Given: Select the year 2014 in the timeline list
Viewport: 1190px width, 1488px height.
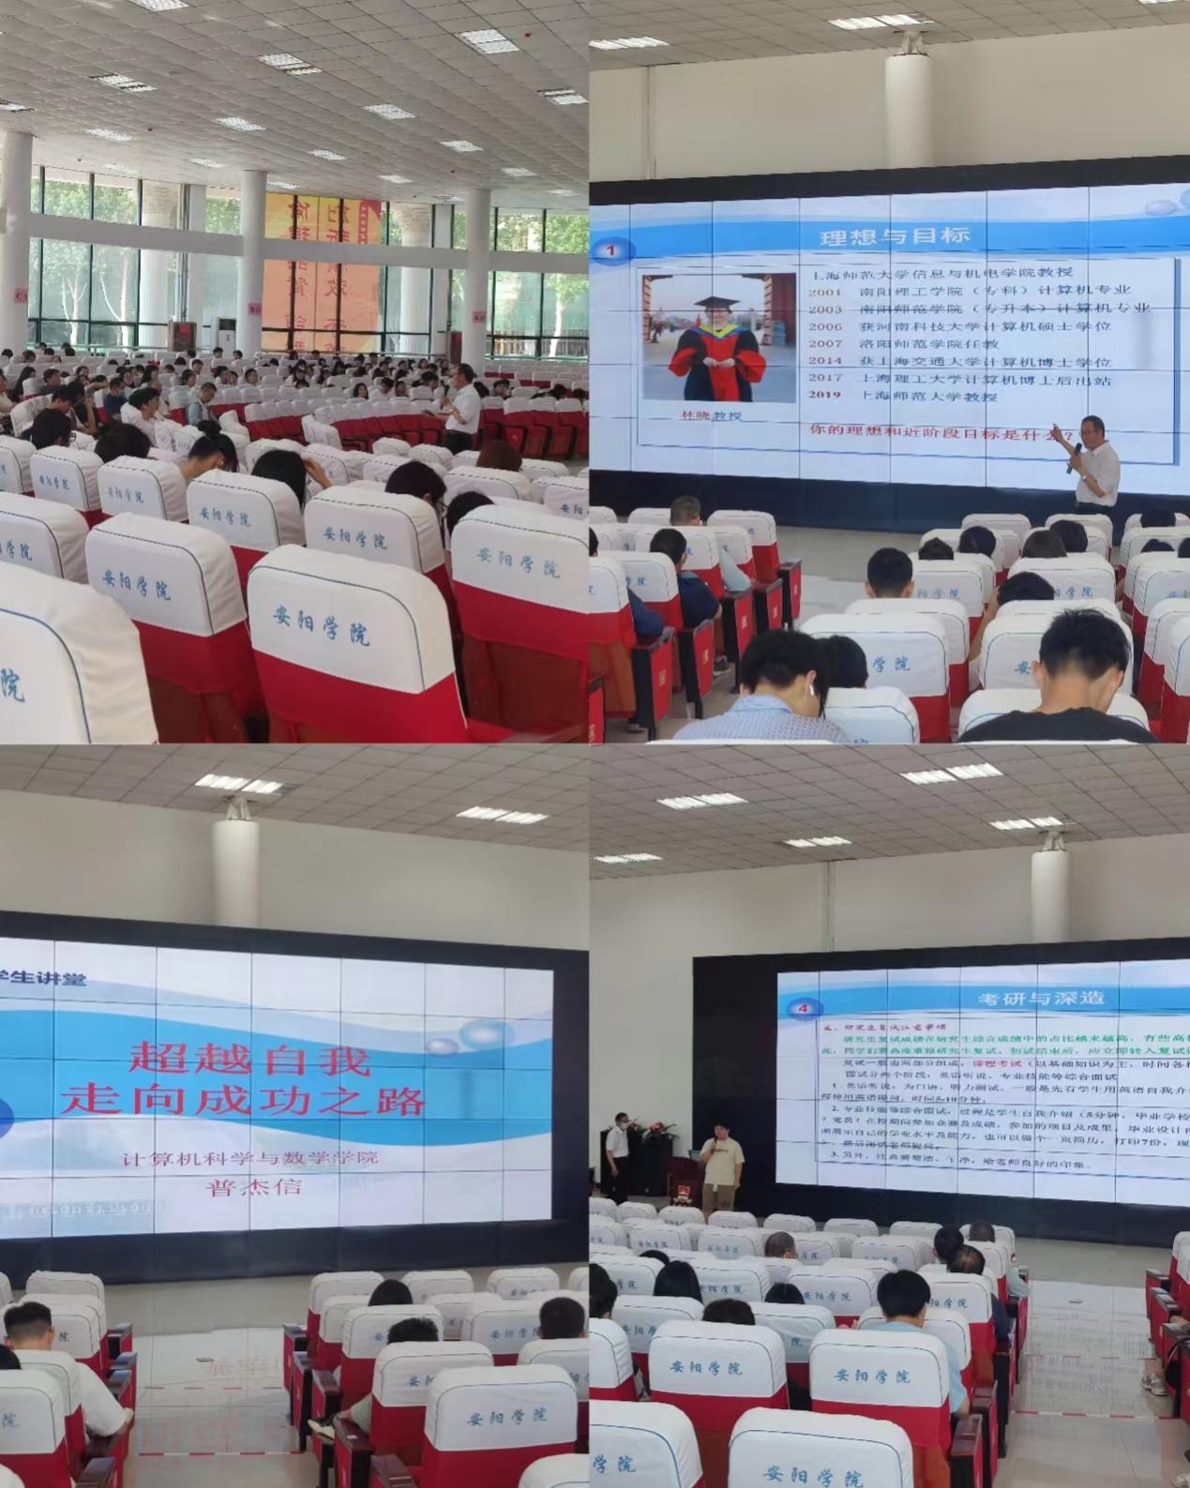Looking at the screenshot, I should [x=825, y=362].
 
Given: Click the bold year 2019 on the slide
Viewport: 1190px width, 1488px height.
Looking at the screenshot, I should [x=825, y=396].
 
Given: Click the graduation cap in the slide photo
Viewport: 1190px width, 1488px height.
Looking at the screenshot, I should [x=714, y=305].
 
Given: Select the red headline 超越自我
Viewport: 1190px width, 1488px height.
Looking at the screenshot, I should [x=250, y=1060].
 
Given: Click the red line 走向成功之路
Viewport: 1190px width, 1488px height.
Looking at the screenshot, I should [x=242, y=1099].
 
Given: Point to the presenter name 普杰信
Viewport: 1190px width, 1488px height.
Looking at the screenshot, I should [x=255, y=1187].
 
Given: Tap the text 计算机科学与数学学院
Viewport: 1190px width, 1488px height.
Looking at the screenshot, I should [x=251, y=1158].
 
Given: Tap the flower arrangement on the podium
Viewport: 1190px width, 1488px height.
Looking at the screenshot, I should [x=654, y=1130].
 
